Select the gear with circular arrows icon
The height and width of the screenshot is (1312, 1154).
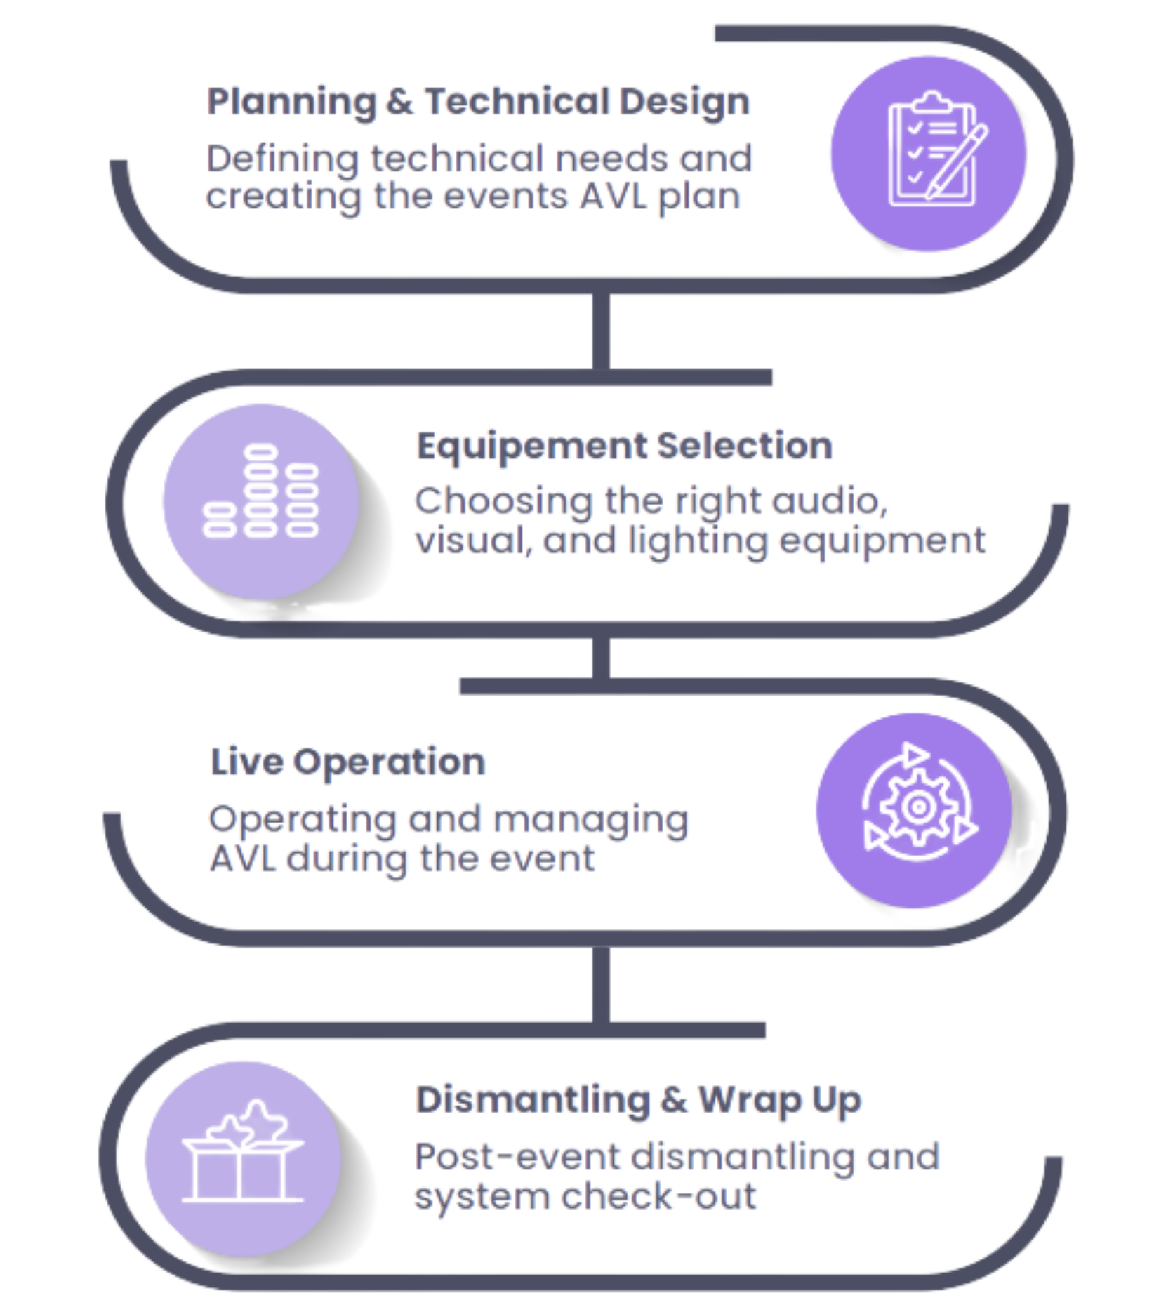click(x=915, y=808)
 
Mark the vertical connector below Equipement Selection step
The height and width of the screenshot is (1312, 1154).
click(x=600, y=658)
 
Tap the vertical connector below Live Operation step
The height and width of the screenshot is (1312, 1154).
click(x=600, y=983)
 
